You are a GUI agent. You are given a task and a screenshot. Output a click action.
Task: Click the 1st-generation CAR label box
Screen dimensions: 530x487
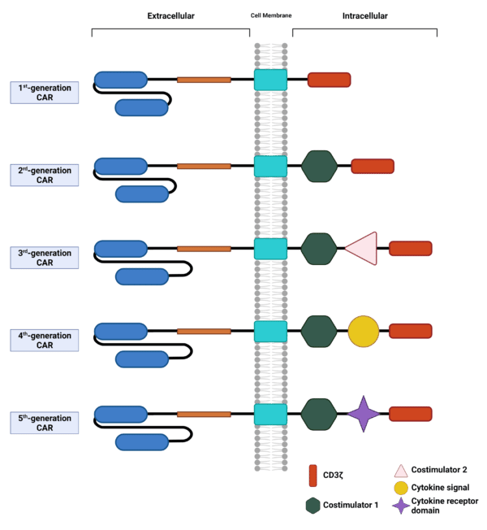pos(45,93)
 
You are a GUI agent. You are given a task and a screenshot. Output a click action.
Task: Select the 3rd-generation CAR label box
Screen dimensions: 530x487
pos(45,258)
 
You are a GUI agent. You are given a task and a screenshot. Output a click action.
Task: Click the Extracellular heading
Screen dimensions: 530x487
pos(171,15)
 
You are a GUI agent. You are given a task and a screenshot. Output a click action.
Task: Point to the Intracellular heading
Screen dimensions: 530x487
pos(364,15)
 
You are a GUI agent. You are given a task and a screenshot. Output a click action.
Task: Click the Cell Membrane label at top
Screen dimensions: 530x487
pos(270,16)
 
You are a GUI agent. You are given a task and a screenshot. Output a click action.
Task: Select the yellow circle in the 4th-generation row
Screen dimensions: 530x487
pos(364,331)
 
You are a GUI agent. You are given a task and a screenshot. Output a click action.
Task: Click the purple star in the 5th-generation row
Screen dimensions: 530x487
pos(364,414)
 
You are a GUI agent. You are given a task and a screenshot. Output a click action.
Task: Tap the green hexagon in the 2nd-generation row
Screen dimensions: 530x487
pos(319,166)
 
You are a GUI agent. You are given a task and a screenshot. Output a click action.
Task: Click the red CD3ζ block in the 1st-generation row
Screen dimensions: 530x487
pos(329,80)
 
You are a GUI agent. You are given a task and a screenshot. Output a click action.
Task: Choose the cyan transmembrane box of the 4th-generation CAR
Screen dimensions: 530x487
pos(270,331)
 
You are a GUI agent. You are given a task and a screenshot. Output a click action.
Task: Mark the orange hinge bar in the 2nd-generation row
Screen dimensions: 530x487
pos(204,166)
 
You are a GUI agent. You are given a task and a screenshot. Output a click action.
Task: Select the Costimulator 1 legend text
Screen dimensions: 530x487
pos(351,505)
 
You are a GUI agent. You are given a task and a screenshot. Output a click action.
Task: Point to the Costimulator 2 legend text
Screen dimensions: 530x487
pos(439,469)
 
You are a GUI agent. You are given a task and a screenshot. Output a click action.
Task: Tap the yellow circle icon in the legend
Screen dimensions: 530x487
pos(400,488)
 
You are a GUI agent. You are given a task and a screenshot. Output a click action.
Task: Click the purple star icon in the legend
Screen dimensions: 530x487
pos(400,506)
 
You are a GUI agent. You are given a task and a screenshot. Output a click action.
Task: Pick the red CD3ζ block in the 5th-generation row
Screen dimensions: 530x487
pos(410,414)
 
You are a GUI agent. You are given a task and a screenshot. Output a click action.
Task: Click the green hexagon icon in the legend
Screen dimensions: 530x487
pos(312,505)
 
